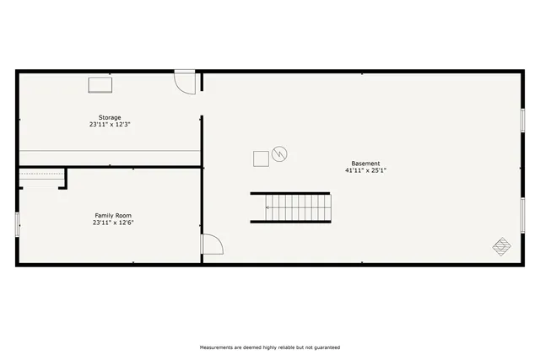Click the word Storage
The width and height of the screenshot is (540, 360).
pos(110,117)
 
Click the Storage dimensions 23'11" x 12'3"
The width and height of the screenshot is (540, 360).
pos(110,125)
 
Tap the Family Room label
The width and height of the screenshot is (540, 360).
pos(112,215)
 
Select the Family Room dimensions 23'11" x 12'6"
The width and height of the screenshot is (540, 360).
pos(112,223)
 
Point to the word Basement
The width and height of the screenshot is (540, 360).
pos(365,164)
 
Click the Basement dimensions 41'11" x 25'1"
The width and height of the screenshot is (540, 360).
pos(365,170)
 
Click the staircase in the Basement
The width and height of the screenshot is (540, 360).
pos(291,207)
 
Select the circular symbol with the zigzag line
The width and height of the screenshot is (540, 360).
pos(279,154)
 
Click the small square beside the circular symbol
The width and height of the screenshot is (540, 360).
pos(262,158)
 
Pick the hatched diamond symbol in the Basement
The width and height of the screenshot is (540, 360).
pos(502,246)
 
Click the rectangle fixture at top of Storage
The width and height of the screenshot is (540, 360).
pos(101,84)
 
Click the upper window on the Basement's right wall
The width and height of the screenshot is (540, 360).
pos(523,119)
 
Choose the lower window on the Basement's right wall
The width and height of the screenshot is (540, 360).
pos(523,215)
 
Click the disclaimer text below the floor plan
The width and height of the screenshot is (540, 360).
pos(269,347)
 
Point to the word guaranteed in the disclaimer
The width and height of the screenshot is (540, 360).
pos(326,347)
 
